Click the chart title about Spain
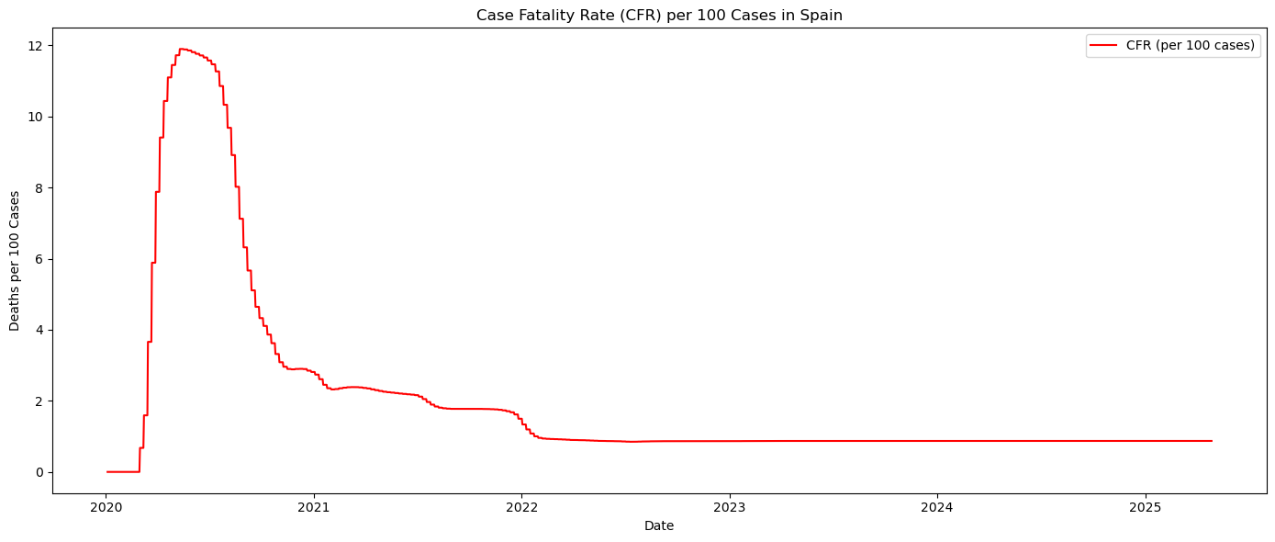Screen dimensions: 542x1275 [659, 15]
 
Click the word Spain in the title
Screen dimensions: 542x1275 [823, 15]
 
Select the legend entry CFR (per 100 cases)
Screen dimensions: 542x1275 [1190, 45]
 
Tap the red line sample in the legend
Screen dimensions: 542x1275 [1104, 45]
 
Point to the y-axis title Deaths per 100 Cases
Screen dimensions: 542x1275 [15, 261]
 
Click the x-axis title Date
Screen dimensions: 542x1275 [659, 525]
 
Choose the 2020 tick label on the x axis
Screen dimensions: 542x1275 [106, 506]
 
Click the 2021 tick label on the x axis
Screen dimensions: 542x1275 [314, 506]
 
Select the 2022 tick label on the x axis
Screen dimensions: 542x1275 [521, 506]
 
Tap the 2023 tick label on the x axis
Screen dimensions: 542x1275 [729, 506]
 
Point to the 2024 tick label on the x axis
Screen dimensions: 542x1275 [936, 506]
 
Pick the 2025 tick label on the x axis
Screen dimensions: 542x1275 [1145, 506]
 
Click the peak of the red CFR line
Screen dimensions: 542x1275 [182, 49]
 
